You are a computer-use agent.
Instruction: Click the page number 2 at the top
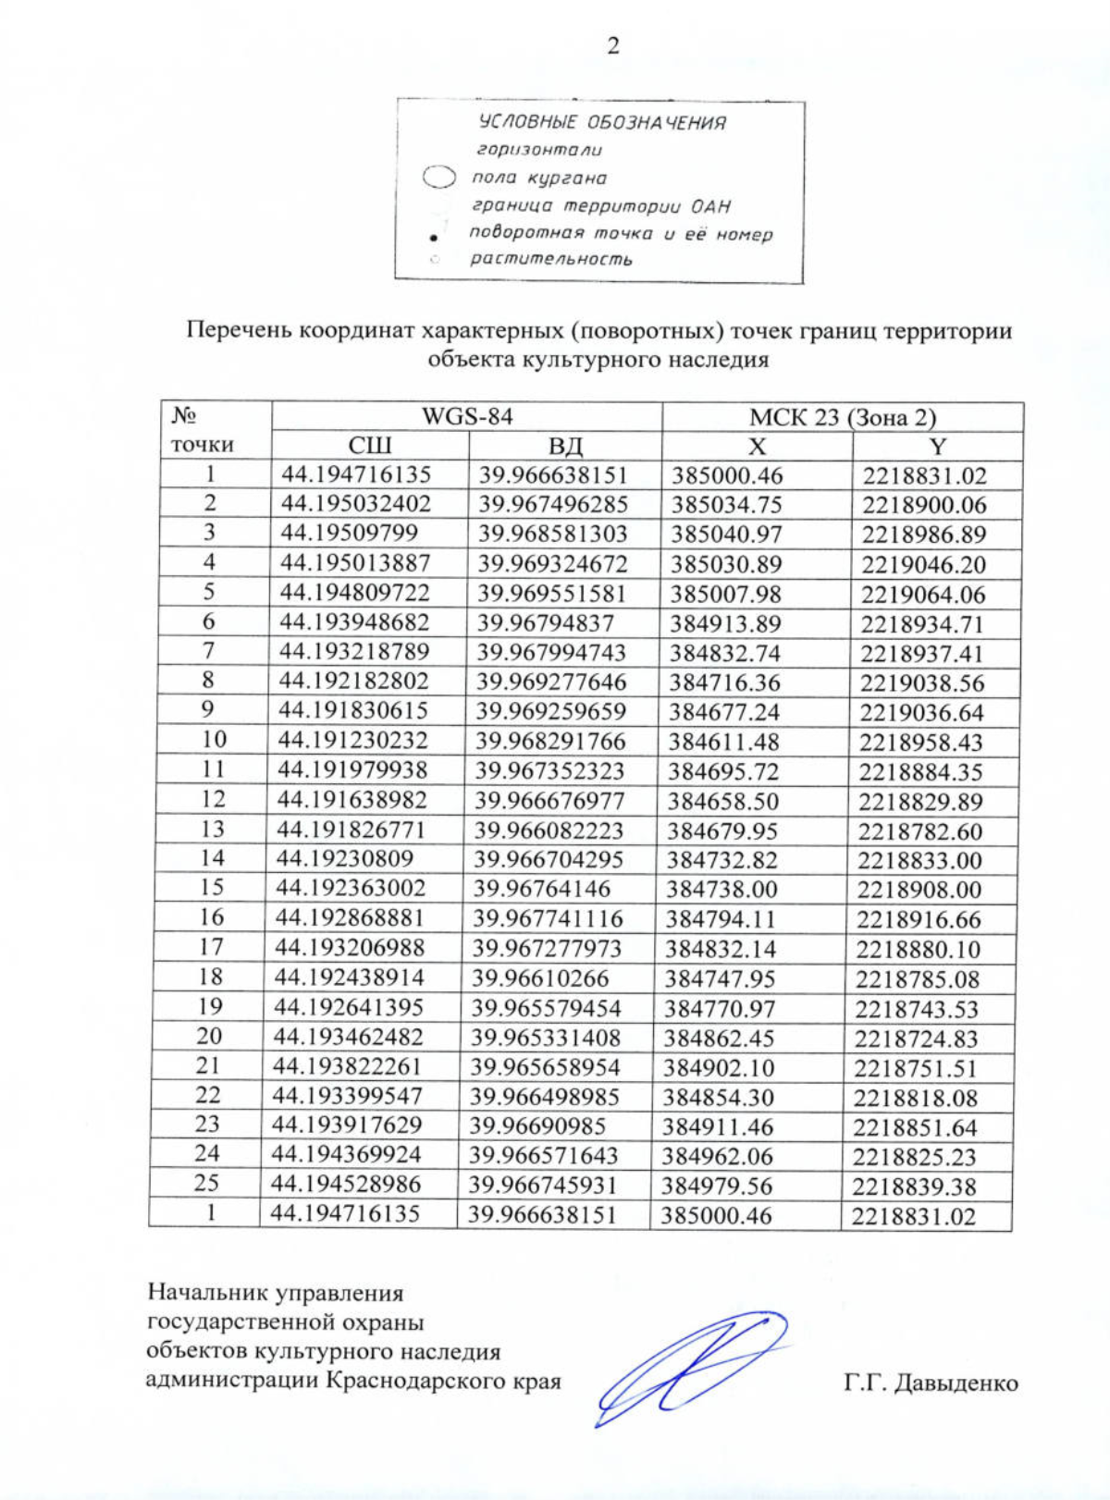(x=612, y=46)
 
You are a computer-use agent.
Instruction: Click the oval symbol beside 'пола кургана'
(x=439, y=177)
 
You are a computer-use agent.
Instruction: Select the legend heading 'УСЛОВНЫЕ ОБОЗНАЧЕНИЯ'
(x=601, y=122)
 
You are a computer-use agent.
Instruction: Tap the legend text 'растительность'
(x=550, y=259)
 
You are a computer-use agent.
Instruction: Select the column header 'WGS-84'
(x=466, y=416)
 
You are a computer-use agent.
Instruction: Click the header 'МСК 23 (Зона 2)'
(x=843, y=417)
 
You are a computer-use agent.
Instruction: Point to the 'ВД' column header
(x=565, y=446)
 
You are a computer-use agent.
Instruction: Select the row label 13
(x=212, y=829)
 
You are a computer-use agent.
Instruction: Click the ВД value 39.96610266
(x=540, y=978)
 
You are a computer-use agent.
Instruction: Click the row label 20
(x=209, y=1037)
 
